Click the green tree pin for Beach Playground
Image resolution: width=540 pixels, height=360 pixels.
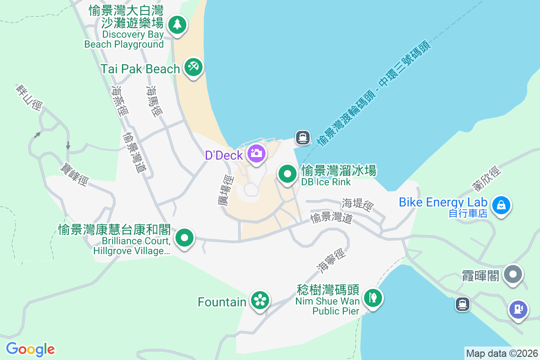pos(177,24)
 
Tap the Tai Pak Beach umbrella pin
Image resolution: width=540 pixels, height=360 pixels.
pos(194,67)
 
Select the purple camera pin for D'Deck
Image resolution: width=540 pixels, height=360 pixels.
pos(256,153)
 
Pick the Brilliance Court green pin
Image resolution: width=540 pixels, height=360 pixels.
pos(184,238)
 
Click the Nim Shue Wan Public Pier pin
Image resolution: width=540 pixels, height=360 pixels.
pos(373,297)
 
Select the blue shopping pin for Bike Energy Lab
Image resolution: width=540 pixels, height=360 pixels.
pos(501,206)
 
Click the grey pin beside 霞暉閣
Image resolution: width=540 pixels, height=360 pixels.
pos(513,274)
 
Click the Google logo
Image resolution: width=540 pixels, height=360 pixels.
pos(30,349)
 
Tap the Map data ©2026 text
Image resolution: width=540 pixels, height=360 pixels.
pos(502,353)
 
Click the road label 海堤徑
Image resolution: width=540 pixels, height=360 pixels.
pos(358,205)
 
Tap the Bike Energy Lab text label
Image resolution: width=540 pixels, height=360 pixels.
pos(443,202)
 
